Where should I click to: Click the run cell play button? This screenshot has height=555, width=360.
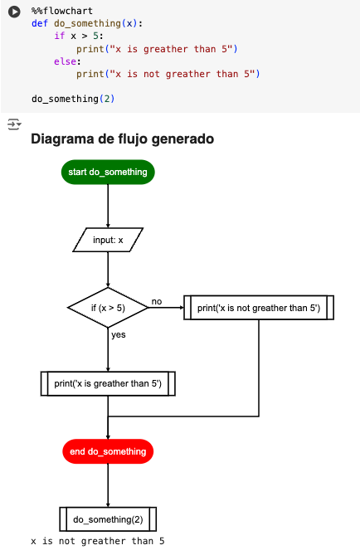14,12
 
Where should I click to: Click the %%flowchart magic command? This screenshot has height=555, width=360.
61,11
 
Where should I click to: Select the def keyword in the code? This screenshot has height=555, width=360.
40,23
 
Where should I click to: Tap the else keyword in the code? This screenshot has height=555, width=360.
66,61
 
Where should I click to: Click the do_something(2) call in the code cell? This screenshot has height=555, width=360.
73,99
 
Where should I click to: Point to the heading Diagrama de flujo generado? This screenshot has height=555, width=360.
122,139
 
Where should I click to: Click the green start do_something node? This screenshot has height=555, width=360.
108,172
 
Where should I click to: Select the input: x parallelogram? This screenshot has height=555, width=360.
108,241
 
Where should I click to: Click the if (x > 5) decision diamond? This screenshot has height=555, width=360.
108,308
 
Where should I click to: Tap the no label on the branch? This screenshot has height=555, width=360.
157,301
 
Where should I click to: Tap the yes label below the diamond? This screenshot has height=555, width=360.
118,334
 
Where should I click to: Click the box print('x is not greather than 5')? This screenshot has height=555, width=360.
258,308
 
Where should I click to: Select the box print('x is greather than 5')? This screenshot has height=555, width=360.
108,384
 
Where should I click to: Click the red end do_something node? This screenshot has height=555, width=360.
108,451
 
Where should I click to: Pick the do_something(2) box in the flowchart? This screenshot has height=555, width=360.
108,519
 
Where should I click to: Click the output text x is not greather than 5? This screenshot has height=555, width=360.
98,542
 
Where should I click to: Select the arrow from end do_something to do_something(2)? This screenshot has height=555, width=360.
108,485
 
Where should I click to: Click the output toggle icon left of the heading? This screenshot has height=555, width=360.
13,124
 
